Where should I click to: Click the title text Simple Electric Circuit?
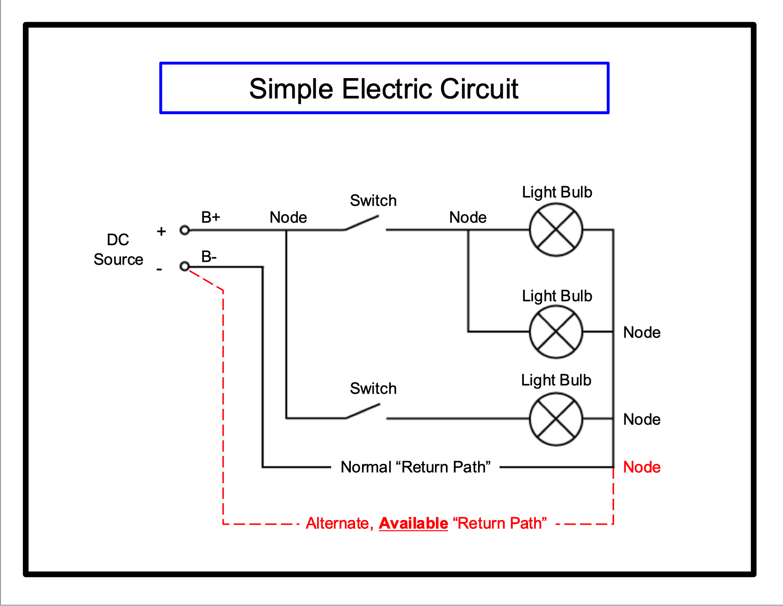point(384,89)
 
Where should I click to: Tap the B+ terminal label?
point(210,217)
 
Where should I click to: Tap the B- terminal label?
point(209,257)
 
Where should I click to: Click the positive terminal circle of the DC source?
point(185,230)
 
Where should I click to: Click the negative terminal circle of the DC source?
point(185,267)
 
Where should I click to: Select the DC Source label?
point(118,250)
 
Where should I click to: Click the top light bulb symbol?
point(556,230)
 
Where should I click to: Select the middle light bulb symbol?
point(556,332)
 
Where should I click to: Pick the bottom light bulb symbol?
point(556,419)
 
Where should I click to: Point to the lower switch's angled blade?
point(363,411)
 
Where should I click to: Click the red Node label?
point(642,467)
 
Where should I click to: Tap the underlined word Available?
point(413,523)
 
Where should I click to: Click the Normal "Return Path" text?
point(415,467)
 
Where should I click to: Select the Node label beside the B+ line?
point(288,217)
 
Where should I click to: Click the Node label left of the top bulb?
point(468,217)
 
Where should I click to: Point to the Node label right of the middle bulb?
point(642,332)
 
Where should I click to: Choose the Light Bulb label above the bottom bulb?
point(556,380)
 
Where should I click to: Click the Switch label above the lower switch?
point(373,389)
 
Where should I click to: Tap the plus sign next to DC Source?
point(161,231)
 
